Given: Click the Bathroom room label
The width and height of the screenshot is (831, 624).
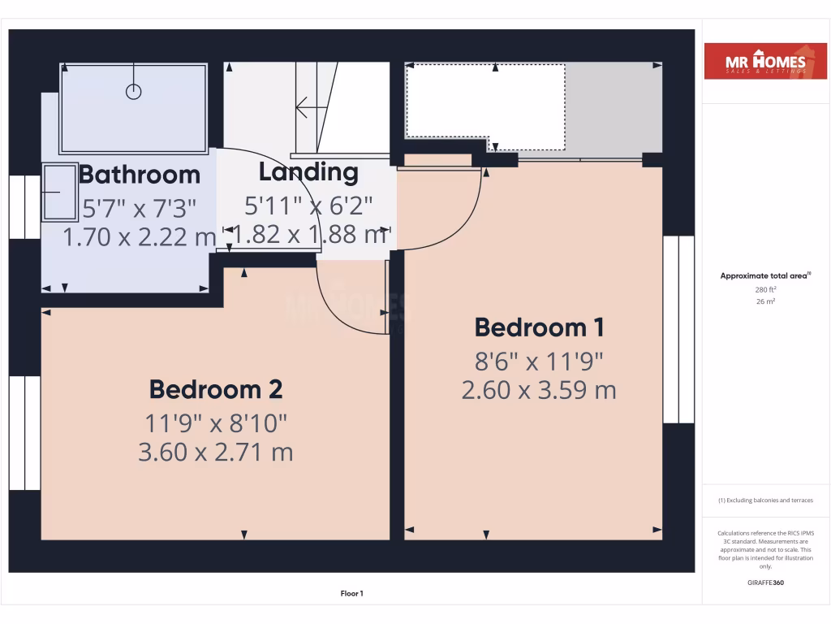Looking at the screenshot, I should (x=139, y=174).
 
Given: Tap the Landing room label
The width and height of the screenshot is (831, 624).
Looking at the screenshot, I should (x=308, y=171).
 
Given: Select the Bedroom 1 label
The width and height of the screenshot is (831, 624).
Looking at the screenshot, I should (x=539, y=327).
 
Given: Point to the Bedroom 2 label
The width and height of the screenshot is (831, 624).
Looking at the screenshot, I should (x=216, y=389).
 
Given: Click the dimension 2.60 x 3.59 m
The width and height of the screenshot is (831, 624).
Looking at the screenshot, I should (x=539, y=390).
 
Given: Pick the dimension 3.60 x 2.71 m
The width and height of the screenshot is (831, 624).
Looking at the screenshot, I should (x=216, y=452).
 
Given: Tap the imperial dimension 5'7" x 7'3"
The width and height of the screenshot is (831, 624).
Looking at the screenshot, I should (x=140, y=209).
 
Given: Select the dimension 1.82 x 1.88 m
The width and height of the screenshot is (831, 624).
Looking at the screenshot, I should (x=308, y=234).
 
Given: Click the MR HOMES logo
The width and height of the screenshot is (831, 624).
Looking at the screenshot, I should (x=765, y=62).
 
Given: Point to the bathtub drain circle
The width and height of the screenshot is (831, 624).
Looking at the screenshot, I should (x=134, y=91).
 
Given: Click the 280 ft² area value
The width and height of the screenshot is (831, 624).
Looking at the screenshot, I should (x=765, y=288).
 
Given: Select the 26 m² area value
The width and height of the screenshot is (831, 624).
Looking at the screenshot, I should (x=765, y=301).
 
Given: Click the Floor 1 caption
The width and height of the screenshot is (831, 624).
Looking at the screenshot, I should (x=351, y=594).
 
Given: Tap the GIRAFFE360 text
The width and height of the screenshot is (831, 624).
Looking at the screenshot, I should (x=765, y=583).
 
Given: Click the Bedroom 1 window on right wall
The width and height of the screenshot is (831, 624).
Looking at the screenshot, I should (x=678, y=329).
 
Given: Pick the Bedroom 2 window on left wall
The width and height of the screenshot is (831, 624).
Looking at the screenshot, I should (x=25, y=432).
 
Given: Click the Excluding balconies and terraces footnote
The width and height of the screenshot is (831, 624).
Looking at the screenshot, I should (x=765, y=500).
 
